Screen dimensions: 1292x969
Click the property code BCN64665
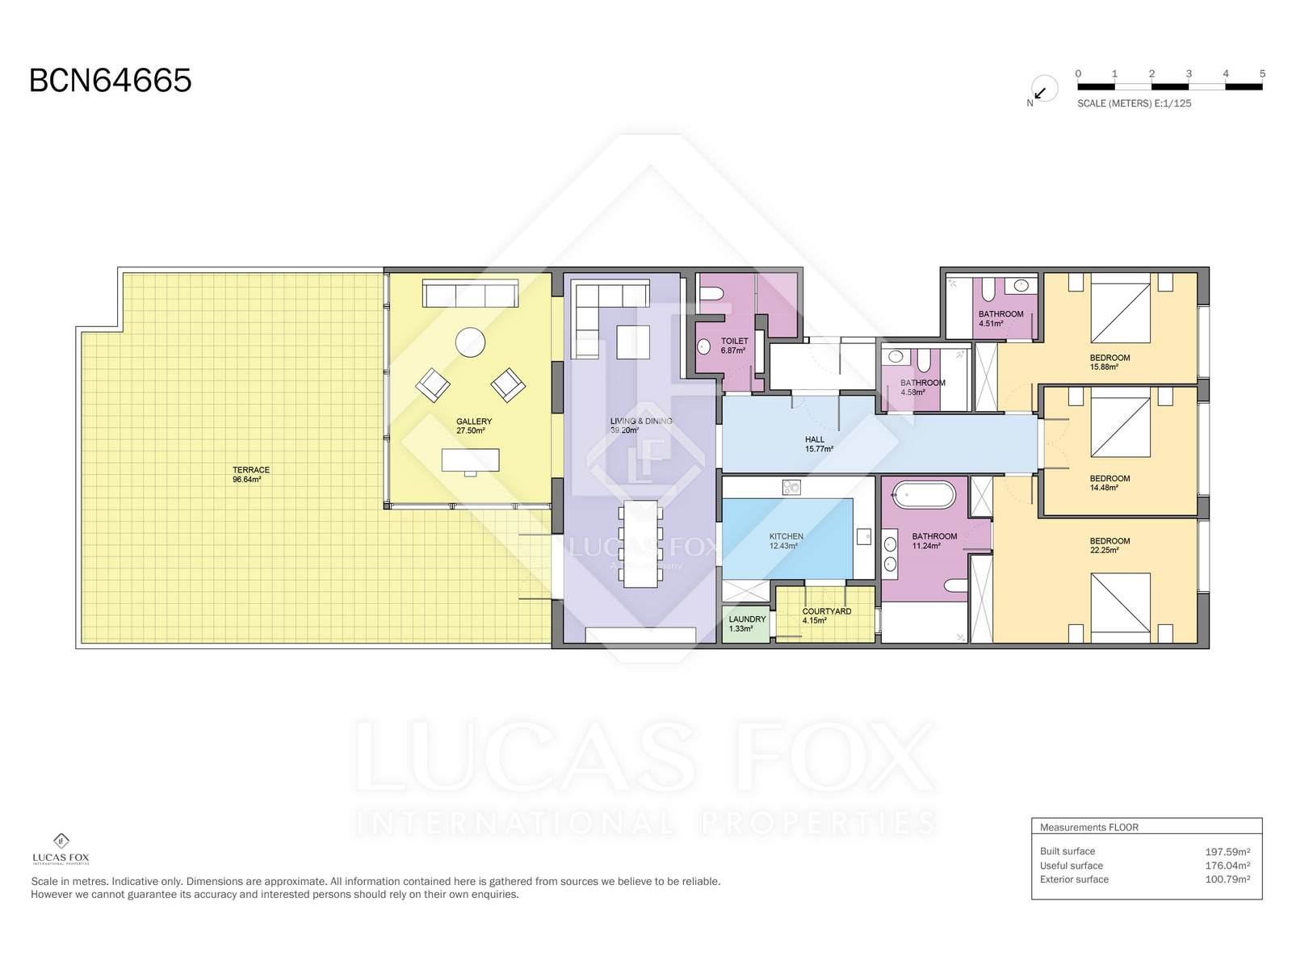(110, 81)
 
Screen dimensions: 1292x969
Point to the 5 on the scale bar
(1262, 73)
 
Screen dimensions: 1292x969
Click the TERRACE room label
(251, 469)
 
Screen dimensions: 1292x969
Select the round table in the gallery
(470, 342)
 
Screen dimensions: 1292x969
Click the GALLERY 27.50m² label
(474, 426)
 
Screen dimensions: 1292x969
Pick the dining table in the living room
(640, 543)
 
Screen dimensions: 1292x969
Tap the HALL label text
(815, 439)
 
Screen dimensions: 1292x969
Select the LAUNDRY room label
(747, 619)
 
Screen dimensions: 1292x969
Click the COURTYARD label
(826, 611)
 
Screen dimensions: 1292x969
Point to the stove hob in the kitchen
(791, 487)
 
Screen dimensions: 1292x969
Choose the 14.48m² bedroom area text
(1104, 488)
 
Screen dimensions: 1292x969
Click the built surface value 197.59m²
(1227, 851)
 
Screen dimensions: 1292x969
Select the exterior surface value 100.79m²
(1227, 879)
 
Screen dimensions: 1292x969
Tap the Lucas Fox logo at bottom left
(61, 849)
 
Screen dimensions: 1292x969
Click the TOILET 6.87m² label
(734, 346)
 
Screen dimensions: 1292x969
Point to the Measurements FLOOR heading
(1089, 827)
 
